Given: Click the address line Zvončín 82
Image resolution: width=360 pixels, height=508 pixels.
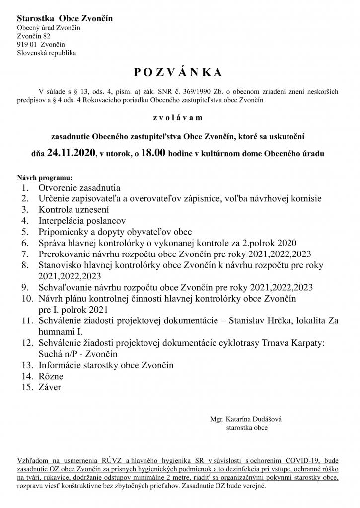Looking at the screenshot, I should pyautogui.click(x=33, y=36).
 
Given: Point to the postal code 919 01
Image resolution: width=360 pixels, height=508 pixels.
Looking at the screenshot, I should pyautogui.click(x=26, y=44).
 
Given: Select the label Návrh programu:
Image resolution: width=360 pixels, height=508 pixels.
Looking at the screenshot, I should pyautogui.click(x=45, y=177).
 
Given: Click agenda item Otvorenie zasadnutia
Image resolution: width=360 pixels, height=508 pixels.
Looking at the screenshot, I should pyautogui.click(x=79, y=188).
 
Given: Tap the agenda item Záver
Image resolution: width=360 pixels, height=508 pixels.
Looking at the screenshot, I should pyautogui.click(x=50, y=387).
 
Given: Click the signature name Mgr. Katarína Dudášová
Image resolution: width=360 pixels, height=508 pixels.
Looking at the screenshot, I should pyautogui.click(x=246, y=419).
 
